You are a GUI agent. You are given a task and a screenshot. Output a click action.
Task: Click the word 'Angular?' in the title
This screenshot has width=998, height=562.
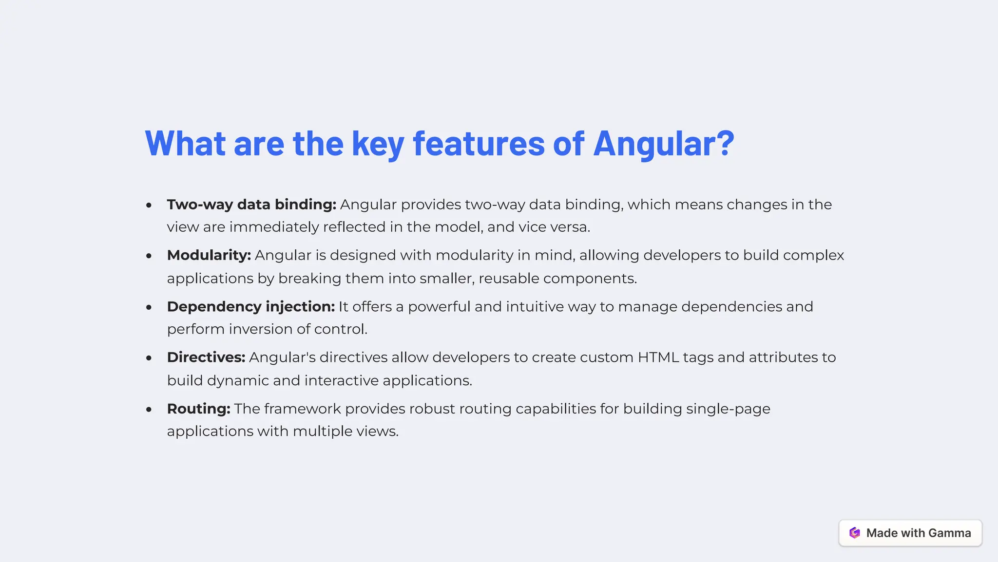(663, 144)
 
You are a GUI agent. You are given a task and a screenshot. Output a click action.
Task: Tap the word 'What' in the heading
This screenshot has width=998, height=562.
(185, 144)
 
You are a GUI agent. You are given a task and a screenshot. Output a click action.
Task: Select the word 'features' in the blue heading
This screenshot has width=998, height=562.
(479, 144)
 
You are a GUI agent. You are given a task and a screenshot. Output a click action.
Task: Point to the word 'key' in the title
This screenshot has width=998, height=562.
(378, 145)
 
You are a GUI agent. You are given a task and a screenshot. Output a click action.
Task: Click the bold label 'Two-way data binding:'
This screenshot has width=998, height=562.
(251, 205)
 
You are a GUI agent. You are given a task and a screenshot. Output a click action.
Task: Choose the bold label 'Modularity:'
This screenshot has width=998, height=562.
(209, 255)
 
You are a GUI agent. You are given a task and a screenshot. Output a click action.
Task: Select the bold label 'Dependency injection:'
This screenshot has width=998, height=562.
(250, 307)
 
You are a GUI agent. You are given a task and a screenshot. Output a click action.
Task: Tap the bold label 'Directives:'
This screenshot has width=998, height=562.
(206, 357)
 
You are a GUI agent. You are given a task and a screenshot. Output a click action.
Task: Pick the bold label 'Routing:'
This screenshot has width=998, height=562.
(198, 409)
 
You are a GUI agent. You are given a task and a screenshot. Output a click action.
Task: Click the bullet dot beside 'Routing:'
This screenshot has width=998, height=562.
(149, 409)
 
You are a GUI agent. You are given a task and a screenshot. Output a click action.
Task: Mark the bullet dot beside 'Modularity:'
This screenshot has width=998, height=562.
(149, 256)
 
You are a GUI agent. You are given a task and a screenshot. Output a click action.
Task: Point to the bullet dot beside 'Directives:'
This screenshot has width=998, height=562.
(149, 358)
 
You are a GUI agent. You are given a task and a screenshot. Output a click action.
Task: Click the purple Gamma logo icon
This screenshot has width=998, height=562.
(855, 533)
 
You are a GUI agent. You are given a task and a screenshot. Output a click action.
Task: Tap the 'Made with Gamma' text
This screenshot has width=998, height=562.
(918, 533)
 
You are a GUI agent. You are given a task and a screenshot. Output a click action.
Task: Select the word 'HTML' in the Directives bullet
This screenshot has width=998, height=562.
(658, 357)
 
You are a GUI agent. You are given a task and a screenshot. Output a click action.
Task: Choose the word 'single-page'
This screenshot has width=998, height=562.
(728, 409)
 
